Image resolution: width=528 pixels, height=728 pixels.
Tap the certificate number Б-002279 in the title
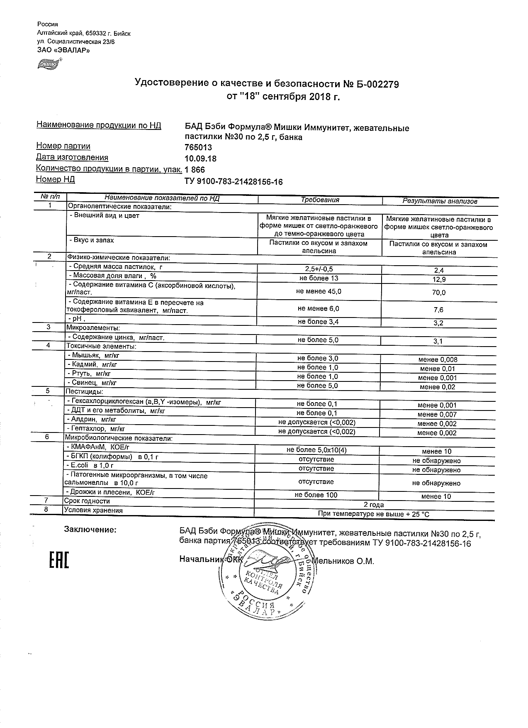(x=377, y=84)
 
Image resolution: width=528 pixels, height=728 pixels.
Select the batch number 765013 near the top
(x=198, y=148)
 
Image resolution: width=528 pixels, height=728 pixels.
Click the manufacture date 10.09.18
(x=200, y=159)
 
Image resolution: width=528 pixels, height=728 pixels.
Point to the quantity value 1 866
(x=195, y=170)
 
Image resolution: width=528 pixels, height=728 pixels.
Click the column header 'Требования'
(x=320, y=200)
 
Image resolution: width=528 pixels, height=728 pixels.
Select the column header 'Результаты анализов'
(x=440, y=201)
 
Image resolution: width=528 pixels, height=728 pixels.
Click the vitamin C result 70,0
(x=439, y=293)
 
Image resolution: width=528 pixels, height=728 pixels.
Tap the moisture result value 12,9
(x=439, y=280)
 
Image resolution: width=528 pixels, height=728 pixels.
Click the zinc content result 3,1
(x=438, y=342)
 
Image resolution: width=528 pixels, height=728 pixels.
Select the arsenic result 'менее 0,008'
(x=438, y=360)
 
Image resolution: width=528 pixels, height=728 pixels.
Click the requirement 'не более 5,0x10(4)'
(x=317, y=450)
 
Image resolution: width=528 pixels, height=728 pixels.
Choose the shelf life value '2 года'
(x=374, y=505)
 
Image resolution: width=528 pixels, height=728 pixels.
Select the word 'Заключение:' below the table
(x=90, y=530)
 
